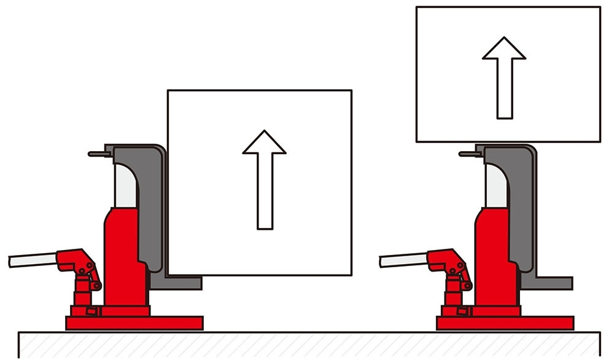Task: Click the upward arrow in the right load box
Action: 504,76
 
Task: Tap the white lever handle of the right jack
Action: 403,260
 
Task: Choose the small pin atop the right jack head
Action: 467,154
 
